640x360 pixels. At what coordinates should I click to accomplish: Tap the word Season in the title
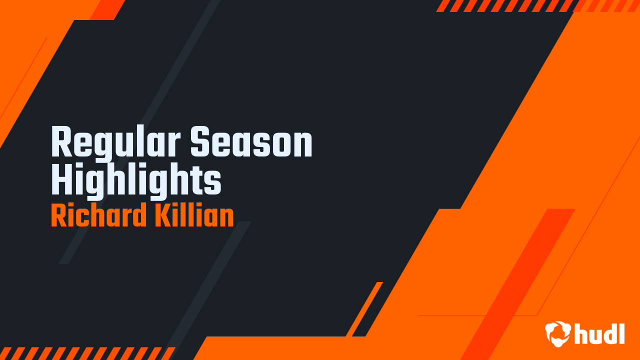(251, 143)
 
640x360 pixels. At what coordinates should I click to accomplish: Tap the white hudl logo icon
(558, 333)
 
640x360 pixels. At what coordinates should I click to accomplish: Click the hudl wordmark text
(599, 333)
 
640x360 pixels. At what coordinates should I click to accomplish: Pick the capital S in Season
(201, 143)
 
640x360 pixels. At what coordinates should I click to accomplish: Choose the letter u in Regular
(127, 145)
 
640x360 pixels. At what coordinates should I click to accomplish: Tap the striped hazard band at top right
(505, 5)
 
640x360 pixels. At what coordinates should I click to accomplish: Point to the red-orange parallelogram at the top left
(108, 9)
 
